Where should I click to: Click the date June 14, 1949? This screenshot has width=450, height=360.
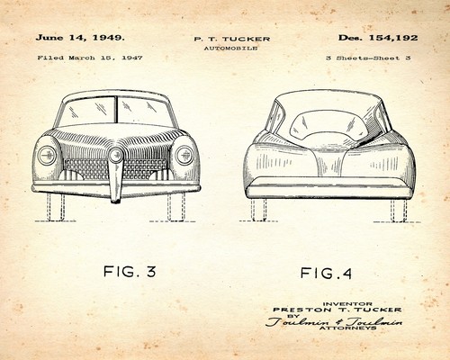(x=80, y=38)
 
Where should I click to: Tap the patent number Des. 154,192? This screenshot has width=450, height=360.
(x=378, y=38)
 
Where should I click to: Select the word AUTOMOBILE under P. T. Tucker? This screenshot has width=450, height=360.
(x=230, y=48)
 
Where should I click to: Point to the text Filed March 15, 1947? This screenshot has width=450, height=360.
(x=90, y=58)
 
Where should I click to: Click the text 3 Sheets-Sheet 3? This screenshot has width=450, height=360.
(x=368, y=58)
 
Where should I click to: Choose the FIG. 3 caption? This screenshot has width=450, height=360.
(x=130, y=272)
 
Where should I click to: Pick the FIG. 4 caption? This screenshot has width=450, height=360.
(x=326, y=273)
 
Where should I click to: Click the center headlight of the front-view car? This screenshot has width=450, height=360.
(x=115, y=156)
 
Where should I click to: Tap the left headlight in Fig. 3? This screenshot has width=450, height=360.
(x=47, y=155)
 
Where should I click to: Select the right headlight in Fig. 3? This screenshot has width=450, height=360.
(x=184, y=155)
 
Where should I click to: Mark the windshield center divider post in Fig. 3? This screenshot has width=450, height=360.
(x=115, y=110)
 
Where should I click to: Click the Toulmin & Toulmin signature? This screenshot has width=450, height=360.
(x=334, y=321)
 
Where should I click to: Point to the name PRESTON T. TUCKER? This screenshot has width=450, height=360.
(x=337, y=310)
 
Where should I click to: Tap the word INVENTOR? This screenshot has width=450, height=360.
(x=347, y=304)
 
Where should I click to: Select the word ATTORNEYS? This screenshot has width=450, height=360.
(x=348, y=328)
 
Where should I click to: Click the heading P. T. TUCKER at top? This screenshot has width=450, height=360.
(x=232, y=39)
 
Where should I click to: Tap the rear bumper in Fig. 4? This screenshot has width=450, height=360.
(x=331, y=188)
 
